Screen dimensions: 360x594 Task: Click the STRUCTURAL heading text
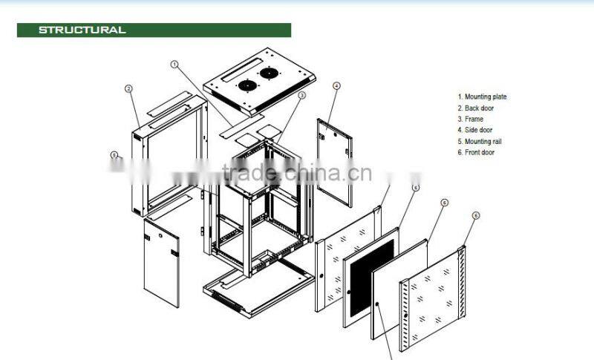click(x=82, y=30)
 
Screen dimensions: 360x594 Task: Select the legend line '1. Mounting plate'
click(x=482, y=96)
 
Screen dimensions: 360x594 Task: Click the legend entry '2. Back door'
click(x=475, y=108)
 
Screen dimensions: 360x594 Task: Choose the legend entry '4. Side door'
click(x=475, y=130)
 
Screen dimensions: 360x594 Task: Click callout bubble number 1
click(x=175, y=65)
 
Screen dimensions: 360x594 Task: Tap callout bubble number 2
click(x=128, y=88)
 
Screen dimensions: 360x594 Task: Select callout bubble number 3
click(x=302, y=95)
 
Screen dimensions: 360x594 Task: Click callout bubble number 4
click(x=336, y=86)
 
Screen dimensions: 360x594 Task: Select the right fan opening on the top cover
click(x=267, y=73)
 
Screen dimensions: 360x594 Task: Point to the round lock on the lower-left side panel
click(x=158, y=236)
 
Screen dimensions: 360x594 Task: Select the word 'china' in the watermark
click(x=307, y=174)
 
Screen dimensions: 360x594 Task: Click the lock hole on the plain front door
click(x=378, y=304)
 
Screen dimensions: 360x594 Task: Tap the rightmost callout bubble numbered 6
click(x=476, y=215)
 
